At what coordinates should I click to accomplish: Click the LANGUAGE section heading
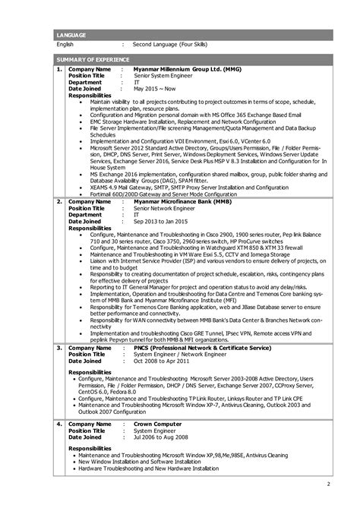(71, 36)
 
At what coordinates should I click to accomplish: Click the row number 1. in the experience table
(59, 68)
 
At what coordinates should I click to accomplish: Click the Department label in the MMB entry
(85, 215)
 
